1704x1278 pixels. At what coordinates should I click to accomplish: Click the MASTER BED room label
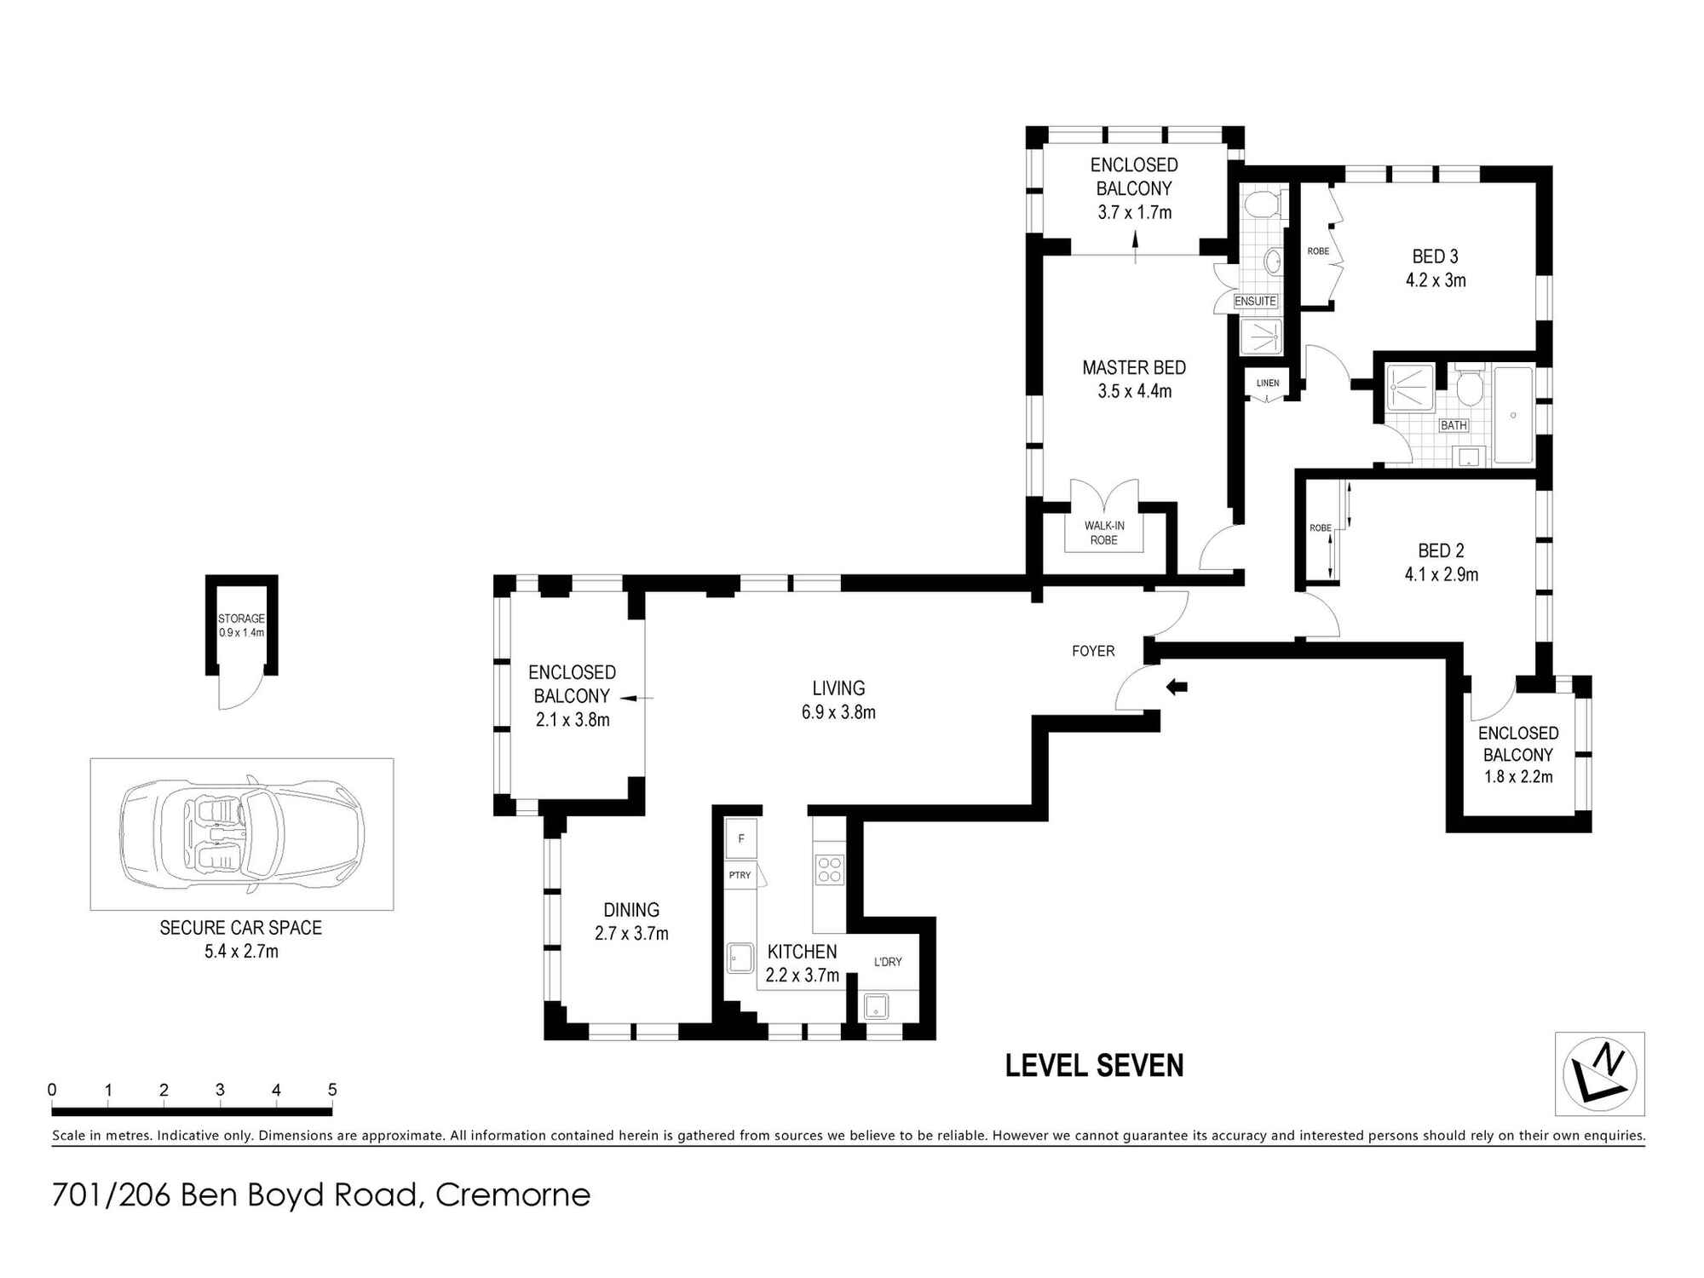(1134, 368)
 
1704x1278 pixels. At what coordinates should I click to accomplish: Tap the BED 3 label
(1436, 256)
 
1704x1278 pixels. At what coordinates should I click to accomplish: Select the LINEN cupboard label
(1268, 383)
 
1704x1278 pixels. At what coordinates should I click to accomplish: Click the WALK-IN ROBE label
(1104, 532)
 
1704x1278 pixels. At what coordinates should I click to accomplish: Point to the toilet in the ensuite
(1260, 204)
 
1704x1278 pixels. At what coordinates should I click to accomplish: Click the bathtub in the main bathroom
(1513, 415)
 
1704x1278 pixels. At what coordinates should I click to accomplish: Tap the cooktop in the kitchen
(830, 869)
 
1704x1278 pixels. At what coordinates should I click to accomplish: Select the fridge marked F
(741, 839)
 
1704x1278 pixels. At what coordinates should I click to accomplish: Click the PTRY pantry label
(740, 875)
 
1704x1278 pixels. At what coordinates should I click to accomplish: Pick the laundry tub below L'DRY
(876, 1007)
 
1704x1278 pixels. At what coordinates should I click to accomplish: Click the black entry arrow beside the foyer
(1177, 687)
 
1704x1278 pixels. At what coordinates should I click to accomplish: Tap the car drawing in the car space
(243, 833)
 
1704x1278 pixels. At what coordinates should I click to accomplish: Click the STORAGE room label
(241, 619)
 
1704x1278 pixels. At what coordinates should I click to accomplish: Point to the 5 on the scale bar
(332, 1090)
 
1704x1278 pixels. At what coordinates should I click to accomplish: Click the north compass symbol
(1599, 1074)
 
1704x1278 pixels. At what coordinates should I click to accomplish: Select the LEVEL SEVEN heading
(1095, 1066)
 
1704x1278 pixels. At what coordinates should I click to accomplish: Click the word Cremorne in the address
(513, 1195)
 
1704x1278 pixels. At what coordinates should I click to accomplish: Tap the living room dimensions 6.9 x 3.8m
(838, 712)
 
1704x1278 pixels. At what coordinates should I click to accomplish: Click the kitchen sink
(740, 958)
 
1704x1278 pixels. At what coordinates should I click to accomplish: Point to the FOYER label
(1093, 651)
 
